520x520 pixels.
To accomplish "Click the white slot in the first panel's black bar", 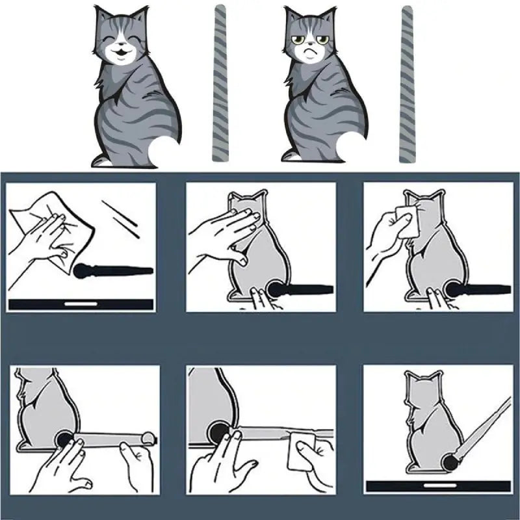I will (x=81, y=304).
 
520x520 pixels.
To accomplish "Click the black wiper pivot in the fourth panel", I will (x=64, y=439).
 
